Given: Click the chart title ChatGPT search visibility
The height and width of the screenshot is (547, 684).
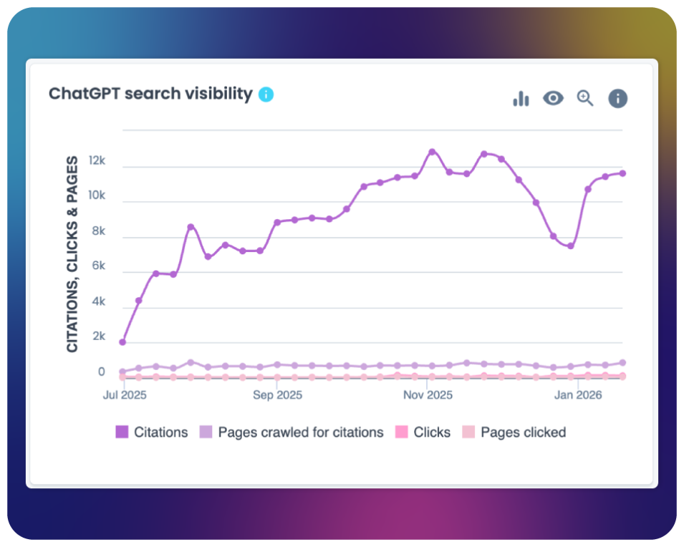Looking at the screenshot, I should (x=150, y=94).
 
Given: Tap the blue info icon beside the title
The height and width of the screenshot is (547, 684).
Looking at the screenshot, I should (x=266, y=94).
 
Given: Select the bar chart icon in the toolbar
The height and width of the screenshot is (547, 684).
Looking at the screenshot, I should (x=521, y=99).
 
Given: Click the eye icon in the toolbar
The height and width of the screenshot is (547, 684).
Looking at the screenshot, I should (x=553, y=98).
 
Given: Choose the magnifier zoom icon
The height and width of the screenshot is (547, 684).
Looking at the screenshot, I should (x=585, y=99).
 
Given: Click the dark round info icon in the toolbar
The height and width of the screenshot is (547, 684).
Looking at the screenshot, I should (x=617, y=99).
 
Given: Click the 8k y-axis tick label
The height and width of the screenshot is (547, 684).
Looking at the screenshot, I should (x=97, y=231).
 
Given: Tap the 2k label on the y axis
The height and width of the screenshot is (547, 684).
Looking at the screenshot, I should (x=97, y=337).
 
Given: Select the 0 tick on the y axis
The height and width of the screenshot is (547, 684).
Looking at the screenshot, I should (x=101, y=372).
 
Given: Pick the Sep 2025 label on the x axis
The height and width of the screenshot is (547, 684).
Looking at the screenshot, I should (x=278, y=394).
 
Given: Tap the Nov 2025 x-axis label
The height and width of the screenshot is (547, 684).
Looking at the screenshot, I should (x=428, y=394).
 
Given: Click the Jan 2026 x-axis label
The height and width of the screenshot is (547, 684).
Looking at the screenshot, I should (x=578, y=394).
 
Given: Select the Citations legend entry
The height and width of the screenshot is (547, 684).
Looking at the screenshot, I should (x=152, y=432).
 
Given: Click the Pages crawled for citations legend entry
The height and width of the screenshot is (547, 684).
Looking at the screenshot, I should (x=292, y=432).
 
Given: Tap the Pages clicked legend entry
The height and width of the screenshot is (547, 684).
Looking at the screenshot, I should (x=514, y=432).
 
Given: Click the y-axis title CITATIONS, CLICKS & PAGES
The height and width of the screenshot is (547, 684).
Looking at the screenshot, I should (x=72, y=254).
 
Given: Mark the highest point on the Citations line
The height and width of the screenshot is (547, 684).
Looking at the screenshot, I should (x=432, y=152).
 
